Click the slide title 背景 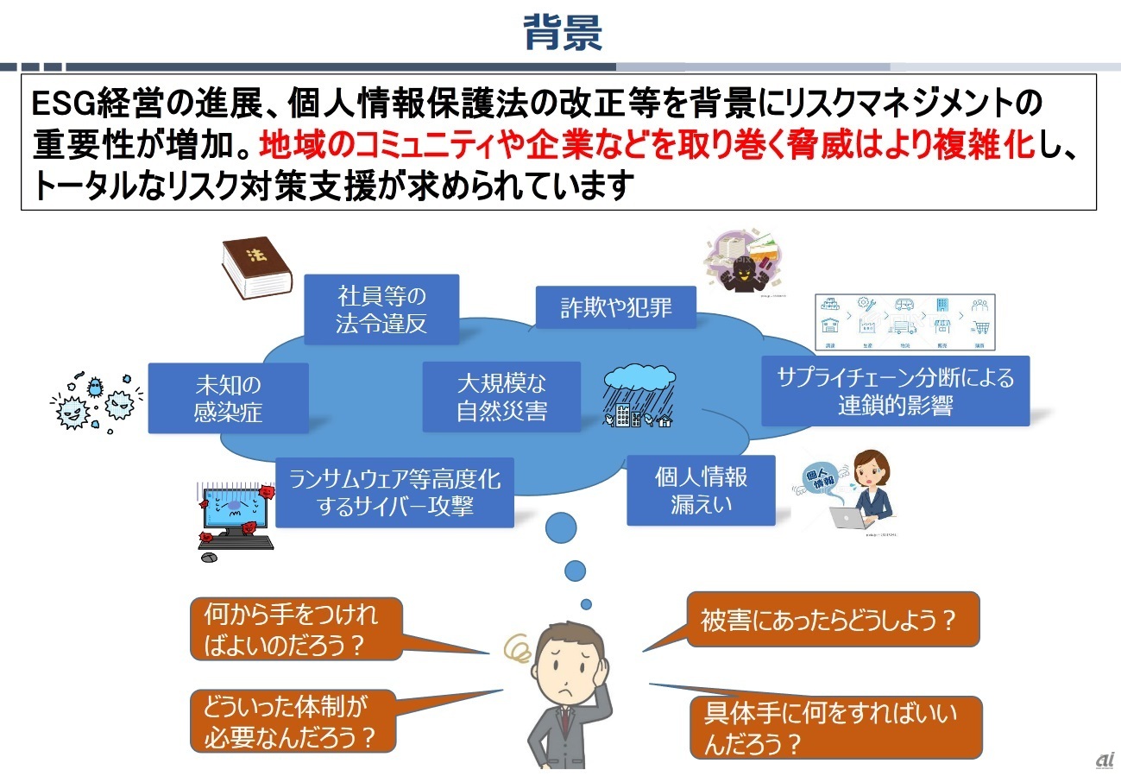point(562,33)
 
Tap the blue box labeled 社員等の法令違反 point(381,310)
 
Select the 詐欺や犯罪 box point(615,307)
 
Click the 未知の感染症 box point(228,398)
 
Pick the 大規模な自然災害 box point(501,397)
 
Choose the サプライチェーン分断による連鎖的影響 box point(895,391)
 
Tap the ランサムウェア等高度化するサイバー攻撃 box point(394,492)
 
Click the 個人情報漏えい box point(701,489)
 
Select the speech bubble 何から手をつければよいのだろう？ point(295,628)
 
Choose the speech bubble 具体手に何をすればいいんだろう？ point(833,727)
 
